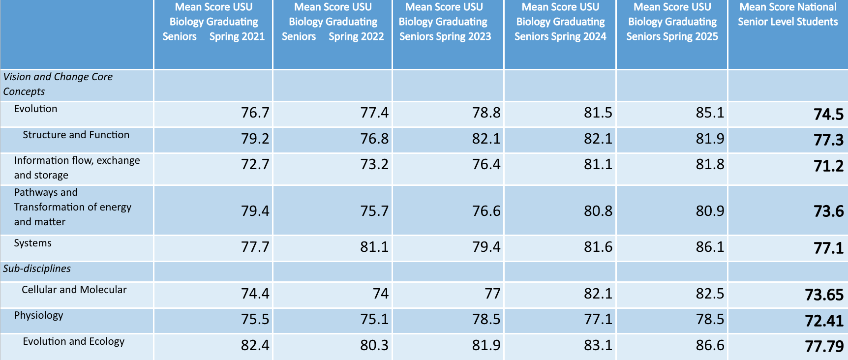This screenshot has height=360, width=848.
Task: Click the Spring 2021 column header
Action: [213, 22]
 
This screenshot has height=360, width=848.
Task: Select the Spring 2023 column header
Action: [445, 22]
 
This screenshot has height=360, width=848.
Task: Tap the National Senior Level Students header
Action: [787, 14]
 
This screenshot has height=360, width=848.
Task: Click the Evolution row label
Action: [35, 109]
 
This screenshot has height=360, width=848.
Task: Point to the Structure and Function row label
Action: [76, 135]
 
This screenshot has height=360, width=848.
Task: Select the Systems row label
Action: [32, 243]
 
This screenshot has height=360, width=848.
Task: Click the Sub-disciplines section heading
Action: [37, 269]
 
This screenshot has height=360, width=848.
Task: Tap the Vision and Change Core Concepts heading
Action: [58, 84]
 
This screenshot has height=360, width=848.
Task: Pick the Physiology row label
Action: [38, 315]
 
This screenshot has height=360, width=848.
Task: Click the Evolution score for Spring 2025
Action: [710, 113]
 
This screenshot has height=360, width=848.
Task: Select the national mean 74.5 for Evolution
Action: [828, 114]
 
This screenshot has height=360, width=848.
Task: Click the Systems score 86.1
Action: [710, 246]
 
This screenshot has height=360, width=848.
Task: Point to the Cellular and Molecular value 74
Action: [381, 294]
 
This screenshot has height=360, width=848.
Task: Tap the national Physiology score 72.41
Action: [824, 321]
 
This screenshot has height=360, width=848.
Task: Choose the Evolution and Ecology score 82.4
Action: [255, 345]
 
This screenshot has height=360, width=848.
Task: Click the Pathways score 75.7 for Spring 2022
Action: [374, 211]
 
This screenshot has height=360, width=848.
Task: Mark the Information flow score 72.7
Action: [255, 164]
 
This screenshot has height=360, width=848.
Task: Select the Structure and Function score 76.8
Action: [374, 139]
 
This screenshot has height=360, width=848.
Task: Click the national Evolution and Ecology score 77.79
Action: [824, 346]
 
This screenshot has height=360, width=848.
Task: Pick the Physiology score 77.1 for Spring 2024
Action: [598, 319]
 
